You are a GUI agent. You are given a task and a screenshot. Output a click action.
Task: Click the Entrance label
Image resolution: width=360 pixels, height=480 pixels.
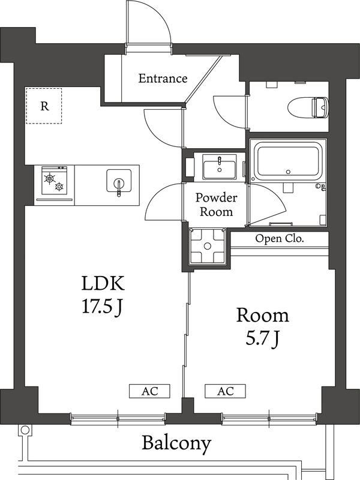tap(163, 79)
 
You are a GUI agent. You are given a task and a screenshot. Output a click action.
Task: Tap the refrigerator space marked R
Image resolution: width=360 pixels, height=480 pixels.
tap(44, 106)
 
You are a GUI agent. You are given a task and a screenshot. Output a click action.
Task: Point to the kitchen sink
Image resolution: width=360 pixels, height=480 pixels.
tap(118, 181)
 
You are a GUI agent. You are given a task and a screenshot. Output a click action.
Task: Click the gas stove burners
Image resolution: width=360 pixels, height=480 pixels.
tap(54, 182)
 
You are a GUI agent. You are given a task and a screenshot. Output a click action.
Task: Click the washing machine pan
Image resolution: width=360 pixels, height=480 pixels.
tap(207, 246)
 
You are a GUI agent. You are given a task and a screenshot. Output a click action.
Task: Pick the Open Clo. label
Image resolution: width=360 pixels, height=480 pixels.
tap(280, 238)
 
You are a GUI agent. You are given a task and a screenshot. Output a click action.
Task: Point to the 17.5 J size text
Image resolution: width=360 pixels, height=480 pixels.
tap(103, 307)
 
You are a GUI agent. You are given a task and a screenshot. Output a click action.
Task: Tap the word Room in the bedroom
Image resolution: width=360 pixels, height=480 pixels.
tap(262, 315)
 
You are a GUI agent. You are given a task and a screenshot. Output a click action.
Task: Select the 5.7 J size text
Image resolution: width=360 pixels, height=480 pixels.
tap(262, 339)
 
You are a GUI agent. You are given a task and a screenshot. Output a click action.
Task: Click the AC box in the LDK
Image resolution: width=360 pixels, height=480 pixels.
tap(150, 391)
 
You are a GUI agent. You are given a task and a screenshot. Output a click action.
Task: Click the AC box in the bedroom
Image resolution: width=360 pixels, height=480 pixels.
tap(226, 391)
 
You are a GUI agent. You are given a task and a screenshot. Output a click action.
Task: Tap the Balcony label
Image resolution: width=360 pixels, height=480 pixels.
tap(176, 444)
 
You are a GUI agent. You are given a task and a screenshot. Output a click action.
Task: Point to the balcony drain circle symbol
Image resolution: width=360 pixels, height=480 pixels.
tap(24, 430)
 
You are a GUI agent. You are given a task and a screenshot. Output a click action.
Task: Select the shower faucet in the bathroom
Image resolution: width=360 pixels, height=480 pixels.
tap(321, 187)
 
